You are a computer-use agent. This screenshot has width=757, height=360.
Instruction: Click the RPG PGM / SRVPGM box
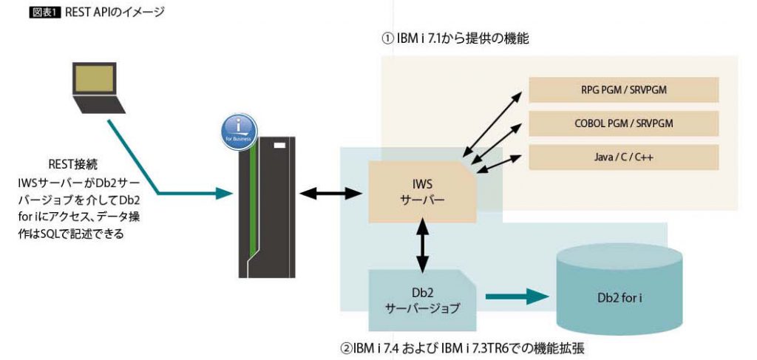click(624, 90)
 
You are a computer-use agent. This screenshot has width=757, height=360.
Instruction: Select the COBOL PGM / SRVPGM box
click(624, 123)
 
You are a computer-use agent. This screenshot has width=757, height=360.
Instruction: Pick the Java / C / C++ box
click(624, 157)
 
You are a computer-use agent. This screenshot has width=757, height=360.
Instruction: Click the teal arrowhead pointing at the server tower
click(221, 194)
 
